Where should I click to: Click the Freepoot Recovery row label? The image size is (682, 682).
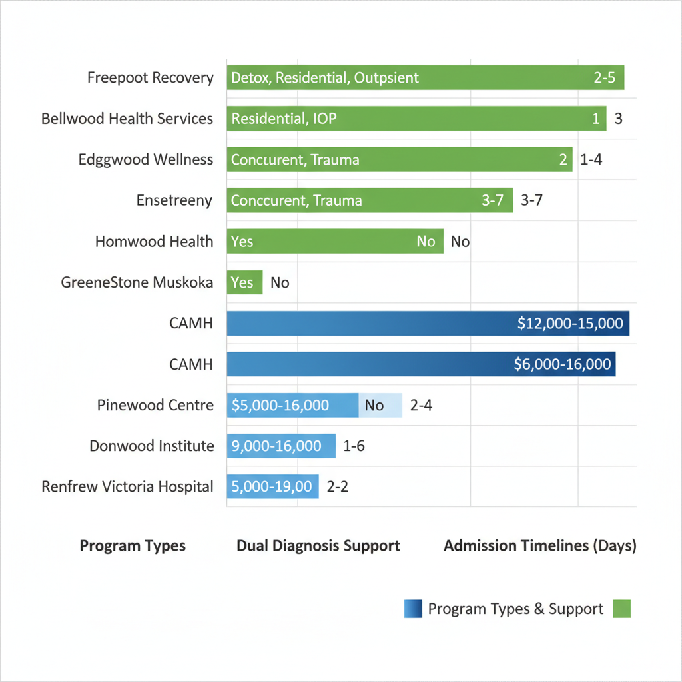pos(151,78)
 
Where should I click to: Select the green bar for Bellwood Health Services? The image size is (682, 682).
pos(416,119)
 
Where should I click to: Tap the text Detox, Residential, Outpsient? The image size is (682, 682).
pos(325,78)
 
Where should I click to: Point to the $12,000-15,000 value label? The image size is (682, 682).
pos(570,324)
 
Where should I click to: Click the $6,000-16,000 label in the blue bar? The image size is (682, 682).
pos(563,364)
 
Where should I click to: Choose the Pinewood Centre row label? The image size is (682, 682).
pos(155,405)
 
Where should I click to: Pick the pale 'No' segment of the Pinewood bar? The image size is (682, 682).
pos(380,405)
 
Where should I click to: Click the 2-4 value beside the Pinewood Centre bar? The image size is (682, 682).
pos(421,405)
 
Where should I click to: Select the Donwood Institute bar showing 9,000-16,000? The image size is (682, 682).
pos(281,446)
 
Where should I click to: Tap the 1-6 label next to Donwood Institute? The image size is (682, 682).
pos(354,446)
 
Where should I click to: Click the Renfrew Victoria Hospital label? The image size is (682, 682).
pos(127,486)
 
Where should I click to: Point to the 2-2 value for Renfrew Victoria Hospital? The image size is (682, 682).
pos(338,486)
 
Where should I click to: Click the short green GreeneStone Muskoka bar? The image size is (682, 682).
pos(244,282)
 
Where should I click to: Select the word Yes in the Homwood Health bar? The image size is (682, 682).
pos(242,241)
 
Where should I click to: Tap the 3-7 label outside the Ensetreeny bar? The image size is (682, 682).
pos(531,200)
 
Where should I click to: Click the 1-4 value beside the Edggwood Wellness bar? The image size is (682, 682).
pos(591,160)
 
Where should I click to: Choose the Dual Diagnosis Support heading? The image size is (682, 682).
pos(318,546)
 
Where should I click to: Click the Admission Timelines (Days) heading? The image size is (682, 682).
pos(540,546)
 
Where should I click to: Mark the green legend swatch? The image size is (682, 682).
pos(621,609)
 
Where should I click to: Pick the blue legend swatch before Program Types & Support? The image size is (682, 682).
pos(413,609)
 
